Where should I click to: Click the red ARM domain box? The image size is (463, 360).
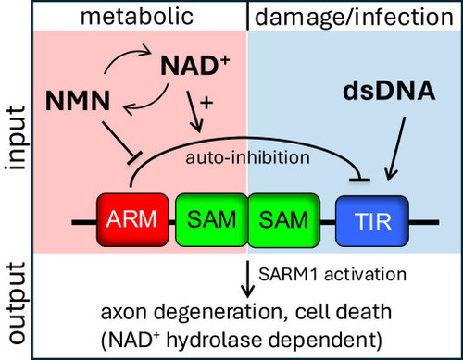point(132,219)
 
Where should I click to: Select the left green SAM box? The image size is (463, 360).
point(212,219)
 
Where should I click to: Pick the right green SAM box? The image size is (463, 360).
point(283,219)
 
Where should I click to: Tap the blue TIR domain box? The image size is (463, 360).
point(372,221)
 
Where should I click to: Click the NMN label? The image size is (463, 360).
point(78,101)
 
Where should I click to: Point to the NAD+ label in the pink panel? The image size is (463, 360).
point(195,66)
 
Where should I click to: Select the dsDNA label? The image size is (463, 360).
point(389,91)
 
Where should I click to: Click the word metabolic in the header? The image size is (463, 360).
point(137,16)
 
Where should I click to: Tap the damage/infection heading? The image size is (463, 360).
point(354,17)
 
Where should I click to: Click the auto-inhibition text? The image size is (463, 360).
point(247,157)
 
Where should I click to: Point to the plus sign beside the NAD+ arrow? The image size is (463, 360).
point(206,103)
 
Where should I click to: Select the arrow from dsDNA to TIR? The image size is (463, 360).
point(396,149)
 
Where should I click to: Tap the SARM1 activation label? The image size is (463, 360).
point(332,274)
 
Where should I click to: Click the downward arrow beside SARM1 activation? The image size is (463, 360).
point(247,279)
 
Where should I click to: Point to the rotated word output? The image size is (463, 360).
point(16,303)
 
